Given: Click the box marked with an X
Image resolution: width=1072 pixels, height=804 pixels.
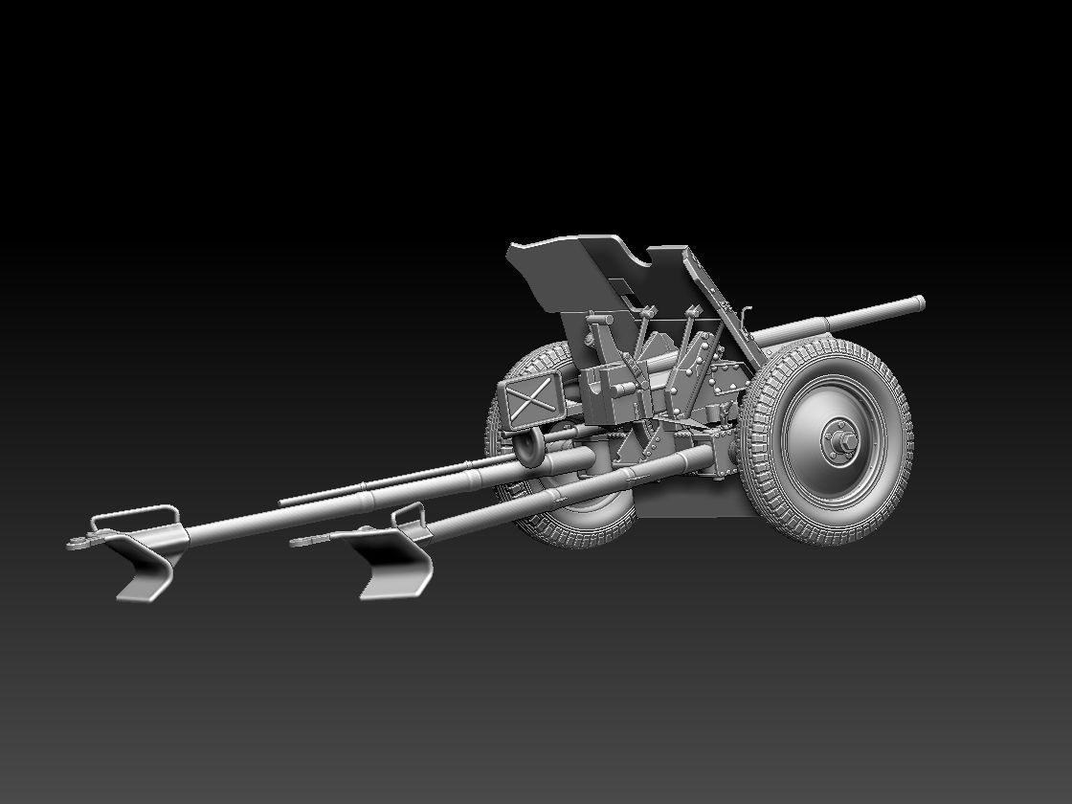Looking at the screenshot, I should (x=525, y=402).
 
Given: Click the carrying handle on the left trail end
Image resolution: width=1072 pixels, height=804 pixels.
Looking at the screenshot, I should (x=134, y=516).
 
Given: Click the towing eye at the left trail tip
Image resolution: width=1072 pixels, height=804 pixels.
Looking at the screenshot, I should (x=77, y=543).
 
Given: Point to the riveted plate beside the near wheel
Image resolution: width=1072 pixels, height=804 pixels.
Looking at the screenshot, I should (x=727, y=383).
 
